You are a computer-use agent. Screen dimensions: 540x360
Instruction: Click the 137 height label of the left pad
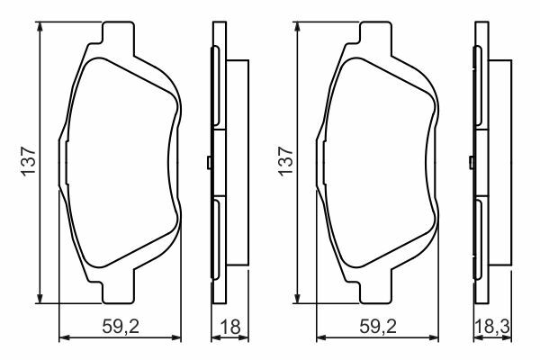click(28, 162)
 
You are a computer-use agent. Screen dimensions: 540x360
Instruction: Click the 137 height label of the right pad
click(286, 162)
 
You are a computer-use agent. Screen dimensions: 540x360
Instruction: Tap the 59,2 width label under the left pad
click(121, 326)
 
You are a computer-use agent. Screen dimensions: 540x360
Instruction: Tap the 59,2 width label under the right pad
click(378, 326)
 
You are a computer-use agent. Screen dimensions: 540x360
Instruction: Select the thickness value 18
click(230, 326)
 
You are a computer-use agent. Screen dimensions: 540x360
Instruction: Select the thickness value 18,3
click(492, 326)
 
